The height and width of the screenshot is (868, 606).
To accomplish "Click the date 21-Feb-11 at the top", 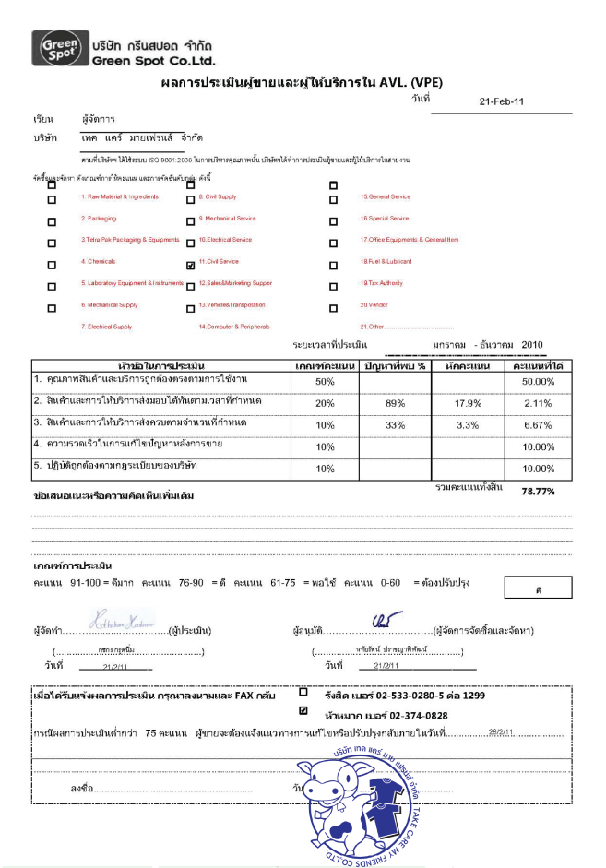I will click(502, 101).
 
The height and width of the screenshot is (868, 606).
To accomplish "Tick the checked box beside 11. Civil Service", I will click(190, 263).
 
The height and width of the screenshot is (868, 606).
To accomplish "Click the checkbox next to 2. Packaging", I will click(52, 220).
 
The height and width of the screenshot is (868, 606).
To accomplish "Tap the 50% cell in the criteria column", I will click(325, 381).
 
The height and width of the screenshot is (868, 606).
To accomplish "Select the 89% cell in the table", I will click(395, 404).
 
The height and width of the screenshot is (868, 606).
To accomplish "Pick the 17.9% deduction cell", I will click(469, 404).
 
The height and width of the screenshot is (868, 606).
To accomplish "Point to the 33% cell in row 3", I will click(395, 425).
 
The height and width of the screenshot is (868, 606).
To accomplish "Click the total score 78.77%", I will click(538, 492).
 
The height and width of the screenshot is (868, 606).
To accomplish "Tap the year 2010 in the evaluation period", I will click(532, 345).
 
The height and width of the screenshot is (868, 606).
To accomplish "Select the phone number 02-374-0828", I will click(412, 715).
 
